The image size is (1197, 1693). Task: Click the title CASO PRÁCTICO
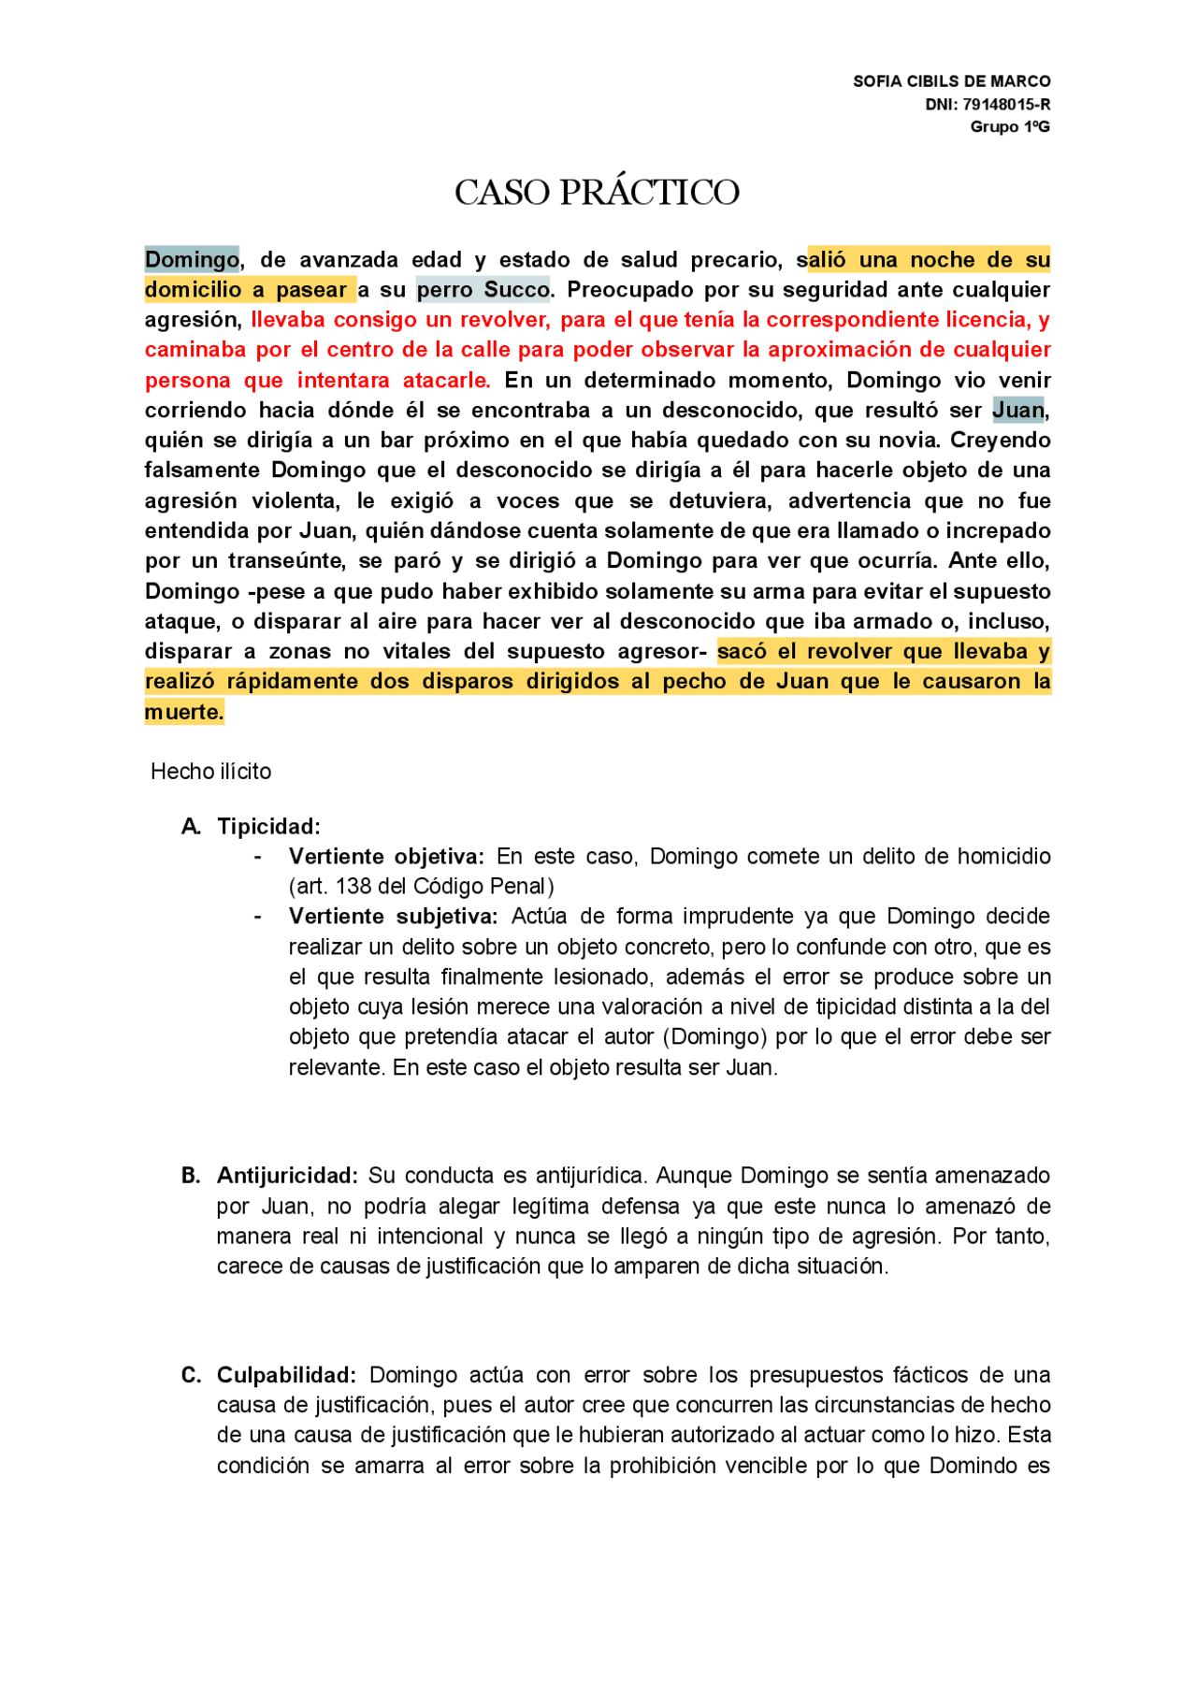click(x=597, y=193)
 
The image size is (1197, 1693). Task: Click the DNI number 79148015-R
click(x=1006, y=104)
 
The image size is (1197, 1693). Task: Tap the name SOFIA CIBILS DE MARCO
click(x=951, y=81)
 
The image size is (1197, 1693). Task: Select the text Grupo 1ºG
click(x=1010, y=126)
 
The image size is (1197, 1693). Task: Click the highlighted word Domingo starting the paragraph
click(x=192, y=259)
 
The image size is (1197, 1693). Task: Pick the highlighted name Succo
click(x=516, y=290)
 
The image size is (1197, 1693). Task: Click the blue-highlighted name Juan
click(x=1017, y=410)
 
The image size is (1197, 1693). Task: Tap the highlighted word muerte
click(x=183, y=712)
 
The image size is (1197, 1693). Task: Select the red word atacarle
click(x=446, y=381)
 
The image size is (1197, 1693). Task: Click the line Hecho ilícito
click(x=210, y=772)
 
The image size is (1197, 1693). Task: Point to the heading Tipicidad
click(x=268, y=827)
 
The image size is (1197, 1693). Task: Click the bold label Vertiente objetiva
click(x=385, y=857)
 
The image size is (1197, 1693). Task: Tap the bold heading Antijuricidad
click(x=287, y=1176)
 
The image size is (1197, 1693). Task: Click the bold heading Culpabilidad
click(x=286, y=1375)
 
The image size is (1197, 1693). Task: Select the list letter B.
click(x=191, y=1176)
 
